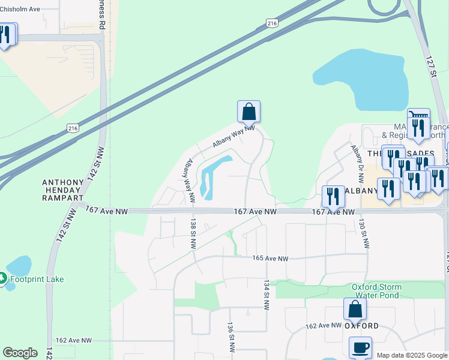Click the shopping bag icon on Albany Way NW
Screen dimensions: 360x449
(249, 112)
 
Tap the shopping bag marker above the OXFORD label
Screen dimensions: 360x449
(355, 309)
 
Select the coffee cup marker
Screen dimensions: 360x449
(360, 347)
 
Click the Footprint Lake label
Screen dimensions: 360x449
(36, 279)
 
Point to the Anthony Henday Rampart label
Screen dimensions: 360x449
(67, 187)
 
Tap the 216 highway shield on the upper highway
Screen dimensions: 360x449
(273, 23)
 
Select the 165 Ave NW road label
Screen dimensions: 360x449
(270, 259)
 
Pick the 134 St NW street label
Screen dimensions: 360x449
(265, 294)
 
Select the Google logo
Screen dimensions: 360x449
(20, 353)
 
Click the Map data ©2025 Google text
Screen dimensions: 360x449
(412, 355)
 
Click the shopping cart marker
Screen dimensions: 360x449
(418, 115)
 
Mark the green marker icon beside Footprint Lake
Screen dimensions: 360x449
(3, 278)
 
